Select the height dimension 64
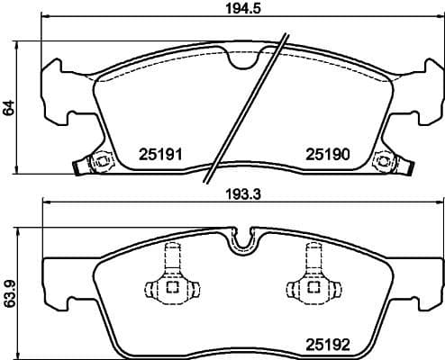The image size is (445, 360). pos(9,108)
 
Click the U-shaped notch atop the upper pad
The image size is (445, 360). pos(241,58)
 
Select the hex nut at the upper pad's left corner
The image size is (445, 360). pos(100,162)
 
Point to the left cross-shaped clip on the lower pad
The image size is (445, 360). pos(171,279)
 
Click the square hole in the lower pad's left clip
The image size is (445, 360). pos(171,289)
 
